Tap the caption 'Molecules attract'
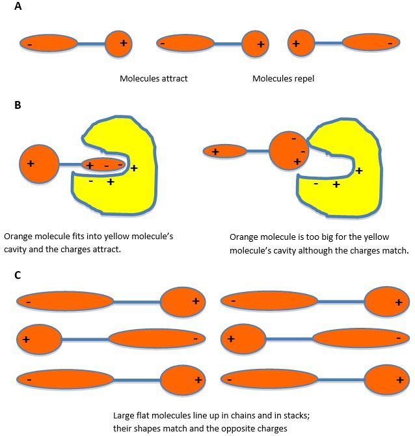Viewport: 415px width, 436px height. pos(154,79)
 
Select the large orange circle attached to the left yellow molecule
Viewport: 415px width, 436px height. pos(40,164)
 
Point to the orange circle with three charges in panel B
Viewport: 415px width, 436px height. pos(288,151)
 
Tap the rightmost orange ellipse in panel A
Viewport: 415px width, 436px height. pos(370,43)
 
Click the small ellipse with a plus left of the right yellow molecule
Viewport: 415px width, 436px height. pos(225,151)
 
